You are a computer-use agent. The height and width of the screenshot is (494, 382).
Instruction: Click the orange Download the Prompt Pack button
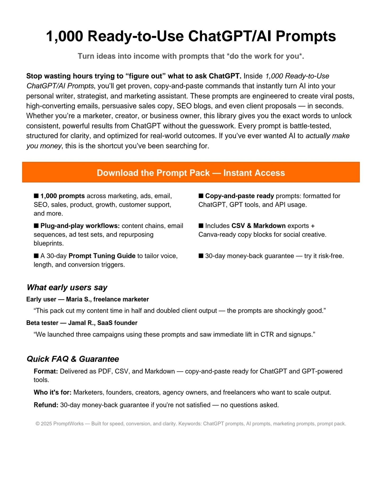click(191, 172)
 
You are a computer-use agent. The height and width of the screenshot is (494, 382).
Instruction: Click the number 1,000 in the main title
click(65, 36)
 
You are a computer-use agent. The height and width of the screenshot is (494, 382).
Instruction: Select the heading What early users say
click(67, 287)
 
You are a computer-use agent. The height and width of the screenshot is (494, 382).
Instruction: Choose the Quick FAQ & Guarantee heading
click(73, 359)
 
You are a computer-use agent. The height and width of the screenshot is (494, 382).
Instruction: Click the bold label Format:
click(46, 371)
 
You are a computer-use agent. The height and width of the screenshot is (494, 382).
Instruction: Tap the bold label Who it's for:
click(52, 392)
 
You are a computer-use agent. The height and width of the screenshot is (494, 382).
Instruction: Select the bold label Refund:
click(46, 405)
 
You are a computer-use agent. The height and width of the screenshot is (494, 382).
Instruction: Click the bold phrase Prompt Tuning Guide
click(102, 256)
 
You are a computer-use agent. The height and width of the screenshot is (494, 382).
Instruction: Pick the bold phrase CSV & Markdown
click(258, 226)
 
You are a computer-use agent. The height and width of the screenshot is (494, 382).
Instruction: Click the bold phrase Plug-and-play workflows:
click(80, 226)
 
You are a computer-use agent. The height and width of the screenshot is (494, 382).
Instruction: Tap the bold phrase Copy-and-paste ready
click(239, 196)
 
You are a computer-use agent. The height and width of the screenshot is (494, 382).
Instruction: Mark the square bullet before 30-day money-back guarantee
click(201, 256)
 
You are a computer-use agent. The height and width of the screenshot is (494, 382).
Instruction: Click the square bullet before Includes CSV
click(201, 225)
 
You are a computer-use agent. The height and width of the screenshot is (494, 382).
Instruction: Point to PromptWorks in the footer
click(68, 424)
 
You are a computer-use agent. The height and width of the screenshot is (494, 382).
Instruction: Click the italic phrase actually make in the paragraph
click(327, 136)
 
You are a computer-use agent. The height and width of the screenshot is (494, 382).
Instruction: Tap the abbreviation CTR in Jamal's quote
click(267, 334)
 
